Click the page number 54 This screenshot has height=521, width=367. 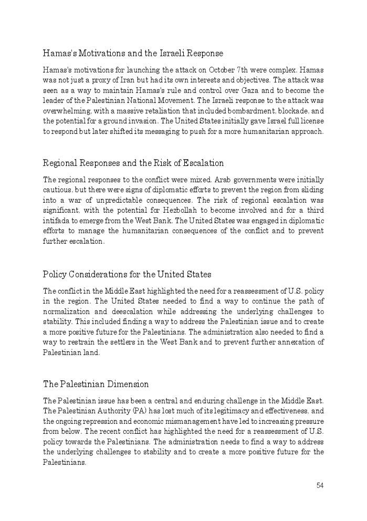pyautogui.click(x=320, y=485)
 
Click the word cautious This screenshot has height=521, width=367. pyautogui.click(x=58, y=190)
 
